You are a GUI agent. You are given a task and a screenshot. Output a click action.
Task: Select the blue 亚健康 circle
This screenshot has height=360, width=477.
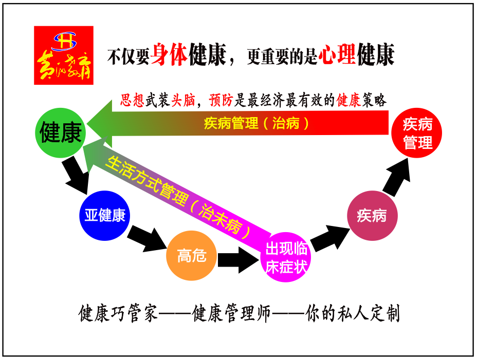(x=105, y=215)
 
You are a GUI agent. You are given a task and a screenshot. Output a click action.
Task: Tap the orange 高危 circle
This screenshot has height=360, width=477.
(x=191, y=255)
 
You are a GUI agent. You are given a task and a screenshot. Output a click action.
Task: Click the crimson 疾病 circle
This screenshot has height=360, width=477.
(x=371, y=216)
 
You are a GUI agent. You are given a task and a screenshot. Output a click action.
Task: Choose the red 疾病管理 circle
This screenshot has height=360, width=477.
(x=417, y=134)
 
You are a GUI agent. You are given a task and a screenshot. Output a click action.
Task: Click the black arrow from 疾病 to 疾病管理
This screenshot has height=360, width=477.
(x=398, y=178)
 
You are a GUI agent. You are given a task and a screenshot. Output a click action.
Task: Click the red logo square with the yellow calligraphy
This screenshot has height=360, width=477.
(x=64, y=55)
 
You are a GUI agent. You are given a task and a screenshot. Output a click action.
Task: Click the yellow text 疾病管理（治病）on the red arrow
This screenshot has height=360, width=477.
(x=257, y=124)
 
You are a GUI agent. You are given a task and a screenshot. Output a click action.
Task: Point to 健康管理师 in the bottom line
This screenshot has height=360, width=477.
(x=231, y=313)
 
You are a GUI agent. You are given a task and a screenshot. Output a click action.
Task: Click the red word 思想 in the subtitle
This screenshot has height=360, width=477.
(x=132, y=101)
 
